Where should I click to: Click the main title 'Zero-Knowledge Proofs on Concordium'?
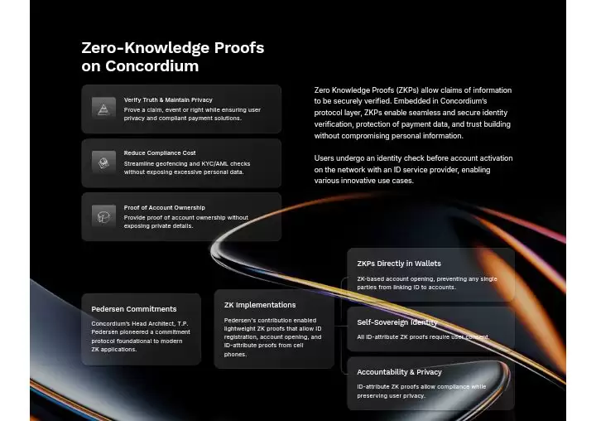(x=172, y=56)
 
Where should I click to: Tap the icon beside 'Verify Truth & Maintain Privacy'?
(x=103, y=109)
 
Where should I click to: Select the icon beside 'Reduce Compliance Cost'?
(x=103, y=162)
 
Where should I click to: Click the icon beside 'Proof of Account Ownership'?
(x=103, y=216)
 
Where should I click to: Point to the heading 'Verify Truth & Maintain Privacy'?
(x=168, y=99)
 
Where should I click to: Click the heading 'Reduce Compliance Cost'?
(x=160, y=153)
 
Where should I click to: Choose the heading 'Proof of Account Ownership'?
(x=164, y=207)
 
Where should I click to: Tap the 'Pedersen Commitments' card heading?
(x=133, y=309)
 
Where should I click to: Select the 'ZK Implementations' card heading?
(x=259, y=305)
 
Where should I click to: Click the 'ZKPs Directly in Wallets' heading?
(x=399, y=264)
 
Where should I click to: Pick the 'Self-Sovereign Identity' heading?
(x=397, y=322)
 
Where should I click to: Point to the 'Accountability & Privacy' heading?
(x=399, y=372)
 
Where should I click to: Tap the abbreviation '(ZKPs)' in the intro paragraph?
(x=406, y=90)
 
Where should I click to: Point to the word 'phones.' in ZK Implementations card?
(x=235, y=354)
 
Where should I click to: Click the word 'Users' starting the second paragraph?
(x=324, y=158)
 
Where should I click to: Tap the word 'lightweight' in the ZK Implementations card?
(x=245, y=329)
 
